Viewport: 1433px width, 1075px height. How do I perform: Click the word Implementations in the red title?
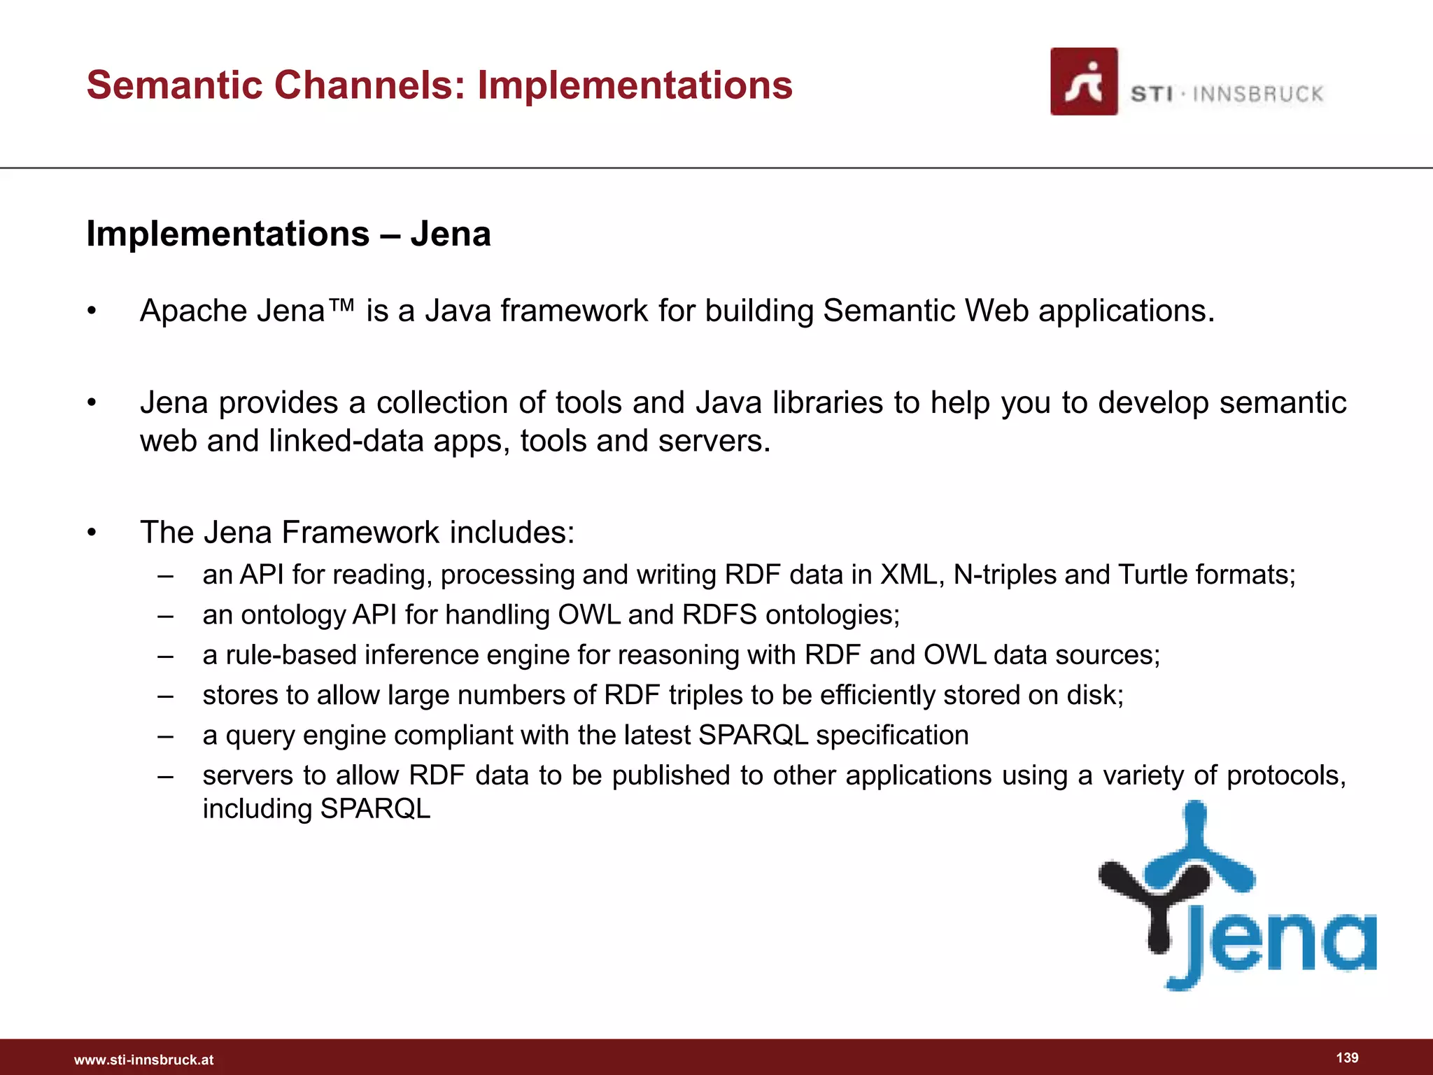[635, 85]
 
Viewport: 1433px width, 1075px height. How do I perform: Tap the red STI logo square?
[1083, 81]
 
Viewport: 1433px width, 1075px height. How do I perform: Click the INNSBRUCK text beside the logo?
[1257, 94]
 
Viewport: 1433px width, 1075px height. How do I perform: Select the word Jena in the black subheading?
[451, 234]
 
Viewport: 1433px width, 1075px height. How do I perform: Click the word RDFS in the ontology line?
[719, 615]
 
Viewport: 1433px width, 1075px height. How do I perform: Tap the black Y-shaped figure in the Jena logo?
[1155, 903]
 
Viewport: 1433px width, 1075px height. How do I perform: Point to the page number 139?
[1347, 1058]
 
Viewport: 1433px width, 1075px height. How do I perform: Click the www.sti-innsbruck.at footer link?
[143, 1060]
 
